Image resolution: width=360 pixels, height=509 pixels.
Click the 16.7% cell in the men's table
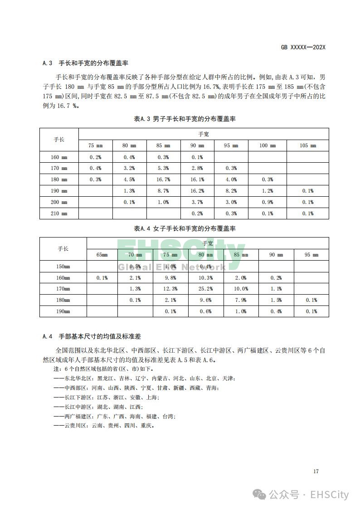tap(163, 179)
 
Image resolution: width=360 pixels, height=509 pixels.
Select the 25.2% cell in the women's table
tap(206, 289)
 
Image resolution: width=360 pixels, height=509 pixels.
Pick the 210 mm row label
tap(59, 213)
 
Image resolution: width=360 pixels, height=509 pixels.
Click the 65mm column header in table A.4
tap(102, 255)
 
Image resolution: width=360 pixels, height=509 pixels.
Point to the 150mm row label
tap(63, 266)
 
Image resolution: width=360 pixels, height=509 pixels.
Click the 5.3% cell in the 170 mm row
tap(163, 168)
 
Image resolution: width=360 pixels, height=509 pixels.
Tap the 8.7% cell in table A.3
tap(163, 191)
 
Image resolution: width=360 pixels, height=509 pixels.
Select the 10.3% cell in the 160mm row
tap(206, 277)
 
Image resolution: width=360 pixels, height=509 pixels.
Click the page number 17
tap(316, 471)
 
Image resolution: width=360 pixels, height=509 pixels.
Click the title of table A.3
tap(185, 119)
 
